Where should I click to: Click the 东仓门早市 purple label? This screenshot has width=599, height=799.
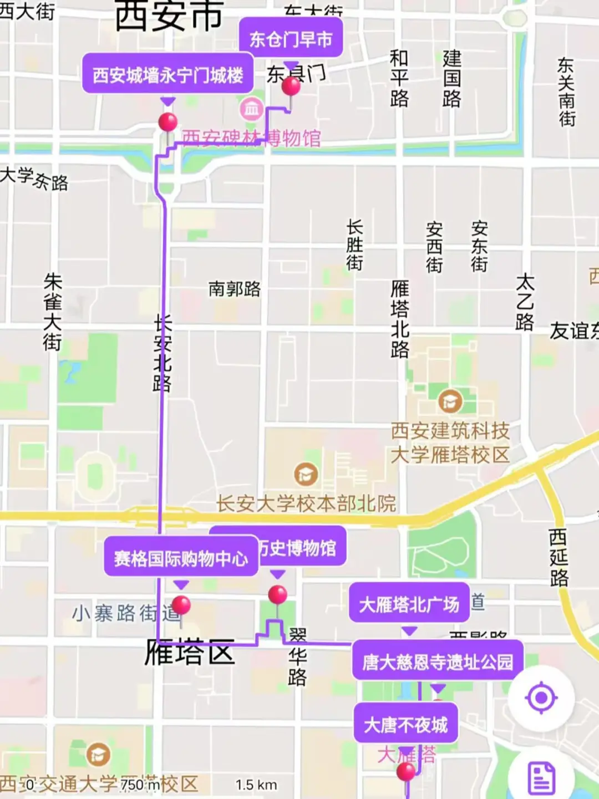[291, 39]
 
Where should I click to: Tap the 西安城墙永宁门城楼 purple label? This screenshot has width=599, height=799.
[167, 74]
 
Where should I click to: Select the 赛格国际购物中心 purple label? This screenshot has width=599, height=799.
[181, 558]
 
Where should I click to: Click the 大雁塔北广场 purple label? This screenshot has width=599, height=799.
[409, 604]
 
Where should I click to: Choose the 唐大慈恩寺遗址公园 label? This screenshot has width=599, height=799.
[438, 661]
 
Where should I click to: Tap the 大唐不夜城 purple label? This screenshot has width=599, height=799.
[405, 724]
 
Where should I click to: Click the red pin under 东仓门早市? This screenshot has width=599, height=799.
[291, 86]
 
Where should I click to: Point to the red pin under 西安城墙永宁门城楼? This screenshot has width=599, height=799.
[167, 121]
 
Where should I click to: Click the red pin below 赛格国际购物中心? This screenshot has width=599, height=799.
[181, 604]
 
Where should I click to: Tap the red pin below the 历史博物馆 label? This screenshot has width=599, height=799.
[277, 595]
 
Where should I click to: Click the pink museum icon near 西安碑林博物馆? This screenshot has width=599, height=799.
[251, 109]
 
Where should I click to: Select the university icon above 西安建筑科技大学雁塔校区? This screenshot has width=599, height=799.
[450, 401]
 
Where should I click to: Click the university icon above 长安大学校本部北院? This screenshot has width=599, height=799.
[305, 474]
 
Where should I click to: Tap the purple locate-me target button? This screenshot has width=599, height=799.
[541, 698]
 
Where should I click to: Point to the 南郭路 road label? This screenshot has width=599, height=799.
[235, 289]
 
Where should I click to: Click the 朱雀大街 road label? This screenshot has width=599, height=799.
[53, 312]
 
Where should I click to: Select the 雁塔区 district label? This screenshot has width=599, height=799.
[189, 652]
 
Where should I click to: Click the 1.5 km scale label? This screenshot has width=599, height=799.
[256, 785]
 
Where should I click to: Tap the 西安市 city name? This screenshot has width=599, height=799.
[169, 16]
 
